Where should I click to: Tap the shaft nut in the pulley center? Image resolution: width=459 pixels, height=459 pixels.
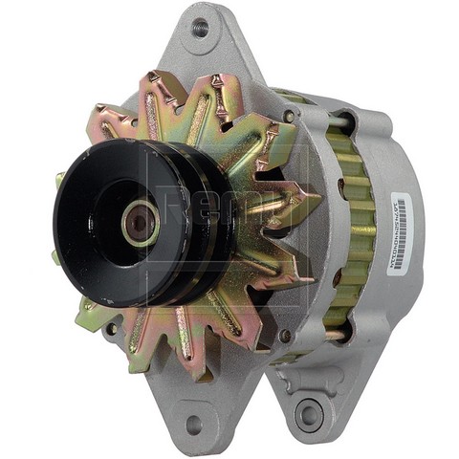point(139,224)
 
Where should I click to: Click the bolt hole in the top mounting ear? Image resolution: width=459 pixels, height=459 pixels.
point(199,27)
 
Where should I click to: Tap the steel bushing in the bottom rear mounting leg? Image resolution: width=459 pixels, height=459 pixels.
point(309,414)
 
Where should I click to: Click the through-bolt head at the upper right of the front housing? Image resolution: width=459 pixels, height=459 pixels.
point(288,117)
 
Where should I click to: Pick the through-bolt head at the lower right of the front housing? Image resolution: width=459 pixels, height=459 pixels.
point(284,335)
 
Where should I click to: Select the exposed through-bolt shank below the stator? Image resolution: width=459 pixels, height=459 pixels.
point(331,335)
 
